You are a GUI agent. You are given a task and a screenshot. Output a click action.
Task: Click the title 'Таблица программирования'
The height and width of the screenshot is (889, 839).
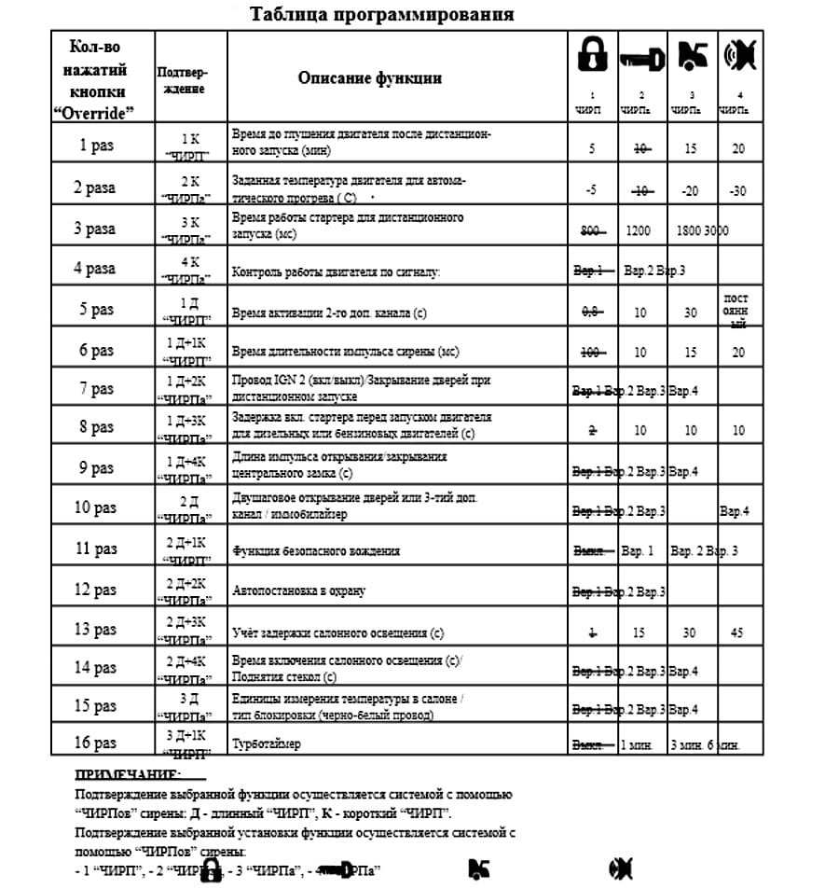tap(381, 15)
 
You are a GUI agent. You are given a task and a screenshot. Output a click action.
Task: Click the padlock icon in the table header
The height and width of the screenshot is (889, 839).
tap(590, 58)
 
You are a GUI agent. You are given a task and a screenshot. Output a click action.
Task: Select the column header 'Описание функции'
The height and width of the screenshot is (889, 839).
tap(369, 77)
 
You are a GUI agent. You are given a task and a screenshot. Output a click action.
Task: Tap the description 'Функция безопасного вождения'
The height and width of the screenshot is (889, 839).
tap(315, 550)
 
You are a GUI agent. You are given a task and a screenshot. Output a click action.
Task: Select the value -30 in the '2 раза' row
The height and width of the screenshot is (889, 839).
tap(738, 190)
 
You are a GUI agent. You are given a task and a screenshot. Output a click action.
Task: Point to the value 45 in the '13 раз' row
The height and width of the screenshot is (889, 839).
tap(737, 632)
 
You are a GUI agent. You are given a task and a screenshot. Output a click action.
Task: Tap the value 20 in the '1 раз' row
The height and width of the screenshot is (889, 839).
tap(738, 148)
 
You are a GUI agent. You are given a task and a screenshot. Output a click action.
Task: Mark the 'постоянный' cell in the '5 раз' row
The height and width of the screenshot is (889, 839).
tap(736, 310)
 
